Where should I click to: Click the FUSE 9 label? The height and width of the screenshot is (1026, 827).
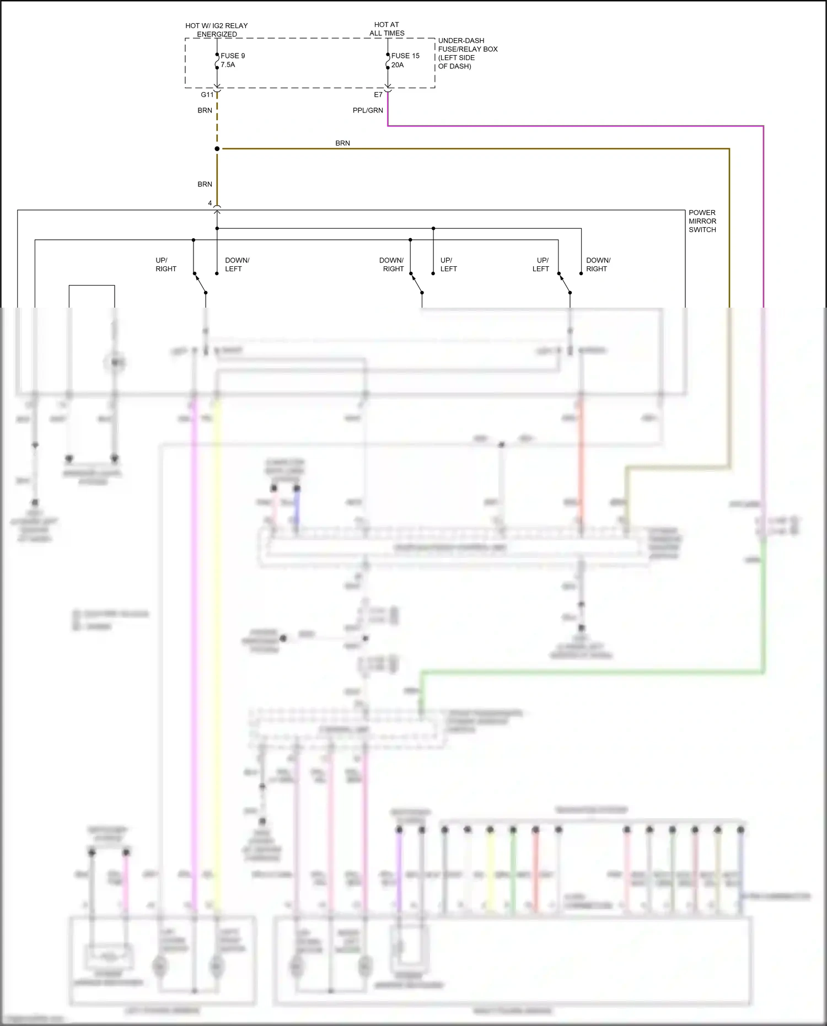tap(233, 56)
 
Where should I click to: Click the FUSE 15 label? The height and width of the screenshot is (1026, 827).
tap(405, 56)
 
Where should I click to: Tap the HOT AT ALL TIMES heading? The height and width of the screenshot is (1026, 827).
tap(386, 29)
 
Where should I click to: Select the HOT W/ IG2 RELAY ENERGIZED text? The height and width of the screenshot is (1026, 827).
tap(217, 30)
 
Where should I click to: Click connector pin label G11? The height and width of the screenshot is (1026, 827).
tap(207, 95)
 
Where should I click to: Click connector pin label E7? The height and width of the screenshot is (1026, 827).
tap(378, 95)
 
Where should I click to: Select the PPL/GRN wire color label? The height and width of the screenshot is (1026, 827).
tap(368, 110)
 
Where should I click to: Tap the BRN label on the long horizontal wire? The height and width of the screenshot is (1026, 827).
tap(342, 143)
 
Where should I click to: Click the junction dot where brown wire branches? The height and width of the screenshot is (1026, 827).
tap(217, 149)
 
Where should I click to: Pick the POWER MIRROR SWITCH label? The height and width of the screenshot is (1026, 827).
tap(702, 221)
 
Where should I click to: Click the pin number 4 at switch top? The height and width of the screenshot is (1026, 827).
tap(210, 203)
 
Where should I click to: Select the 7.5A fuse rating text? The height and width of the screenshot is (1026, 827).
tap(228, 65)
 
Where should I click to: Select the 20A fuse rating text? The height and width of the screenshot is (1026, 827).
tap(398, 65)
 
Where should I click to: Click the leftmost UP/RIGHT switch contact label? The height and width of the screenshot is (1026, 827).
tap(165, 265)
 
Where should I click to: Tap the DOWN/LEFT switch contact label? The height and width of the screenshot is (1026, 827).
tap(237, 265)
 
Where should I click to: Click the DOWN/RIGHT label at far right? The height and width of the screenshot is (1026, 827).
tap(598, 265)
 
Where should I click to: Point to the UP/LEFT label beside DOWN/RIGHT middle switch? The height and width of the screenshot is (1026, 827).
tap(448, 265)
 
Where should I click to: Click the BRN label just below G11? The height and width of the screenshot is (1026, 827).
tap(205, 110)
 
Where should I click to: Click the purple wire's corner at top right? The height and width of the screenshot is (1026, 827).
tap(763, 126)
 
